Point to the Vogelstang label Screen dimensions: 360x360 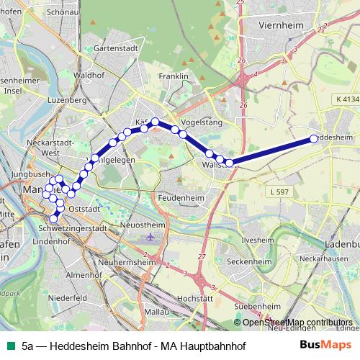pos(202,122)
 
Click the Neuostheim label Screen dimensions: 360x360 pos(145,225)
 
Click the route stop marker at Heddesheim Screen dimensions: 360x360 pos(313,139)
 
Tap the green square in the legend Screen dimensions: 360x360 pos(10,346)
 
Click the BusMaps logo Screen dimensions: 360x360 pos(326,346)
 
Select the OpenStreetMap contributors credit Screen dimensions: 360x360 pos(297,323)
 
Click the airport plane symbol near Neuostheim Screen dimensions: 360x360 pos(149,236)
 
